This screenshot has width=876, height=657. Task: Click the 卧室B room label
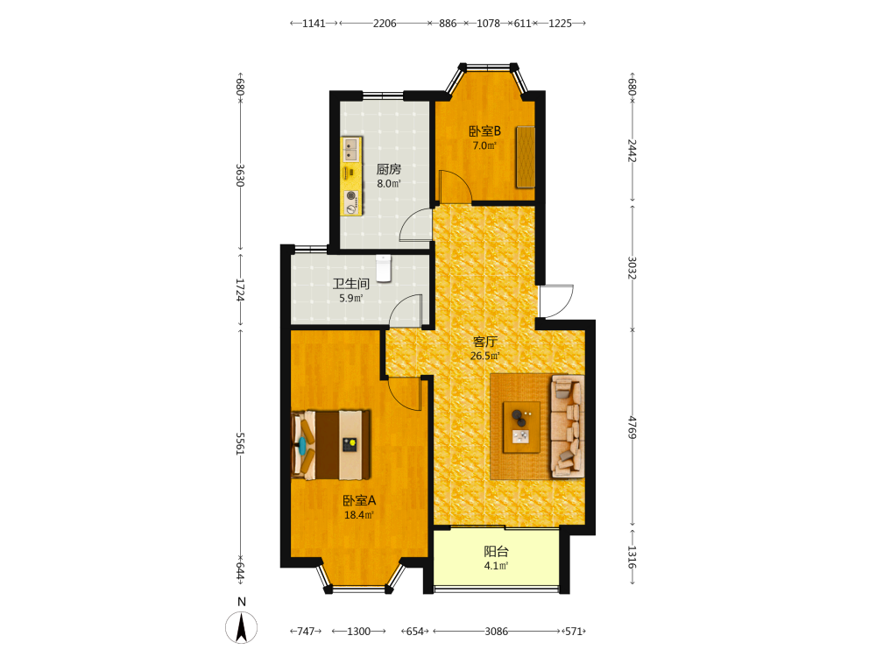tap(484, 131)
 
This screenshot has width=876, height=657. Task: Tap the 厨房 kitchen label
tap(388, 169)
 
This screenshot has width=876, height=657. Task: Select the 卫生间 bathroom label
tap(351, 284)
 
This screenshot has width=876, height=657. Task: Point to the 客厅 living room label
tap(484, 342)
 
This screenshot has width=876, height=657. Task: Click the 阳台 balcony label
tap(496, 551)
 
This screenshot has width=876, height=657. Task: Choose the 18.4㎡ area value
tap(358, 515)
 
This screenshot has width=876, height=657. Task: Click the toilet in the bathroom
tap(384, 268)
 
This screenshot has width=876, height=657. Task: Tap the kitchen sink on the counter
tap(351, 149)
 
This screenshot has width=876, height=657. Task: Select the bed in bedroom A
tap(331, 445)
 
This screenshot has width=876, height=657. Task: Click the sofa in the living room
tap(568, 427)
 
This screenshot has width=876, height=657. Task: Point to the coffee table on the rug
tap(521, 427)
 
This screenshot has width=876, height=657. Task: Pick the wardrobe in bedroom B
tap(526, 157)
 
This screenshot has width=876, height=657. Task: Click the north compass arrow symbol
tap(242, 627)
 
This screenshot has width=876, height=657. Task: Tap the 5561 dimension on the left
tap(240, 443)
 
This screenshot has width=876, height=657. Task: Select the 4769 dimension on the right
tap(632, 427)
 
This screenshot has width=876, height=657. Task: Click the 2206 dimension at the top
tap(385, 24)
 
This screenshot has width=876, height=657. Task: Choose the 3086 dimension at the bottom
tap(496, 632)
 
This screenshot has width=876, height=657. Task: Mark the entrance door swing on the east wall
tap(556, 301)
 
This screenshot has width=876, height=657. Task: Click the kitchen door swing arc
tap(415, 225)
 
